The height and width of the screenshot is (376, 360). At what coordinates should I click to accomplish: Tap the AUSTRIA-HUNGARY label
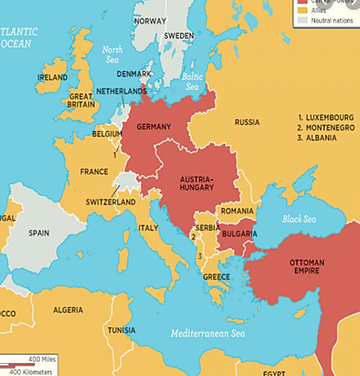click(200, 184)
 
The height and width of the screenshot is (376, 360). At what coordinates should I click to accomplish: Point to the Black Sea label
click(298, 219)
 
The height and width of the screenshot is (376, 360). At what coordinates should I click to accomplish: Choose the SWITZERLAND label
click(110, 202)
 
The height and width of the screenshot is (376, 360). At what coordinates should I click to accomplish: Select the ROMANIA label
click(237, 211)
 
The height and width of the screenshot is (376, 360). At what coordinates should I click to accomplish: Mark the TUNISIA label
click(122, 329)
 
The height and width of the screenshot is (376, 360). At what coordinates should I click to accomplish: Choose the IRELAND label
click(52, 78)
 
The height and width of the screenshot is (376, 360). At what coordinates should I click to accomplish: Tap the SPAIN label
click(39, 232)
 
